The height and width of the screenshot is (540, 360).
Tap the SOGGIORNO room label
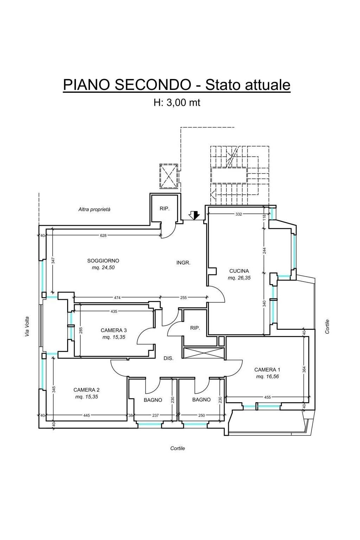103,261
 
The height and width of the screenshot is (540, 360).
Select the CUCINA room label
239,271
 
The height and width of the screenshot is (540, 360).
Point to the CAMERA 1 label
267,370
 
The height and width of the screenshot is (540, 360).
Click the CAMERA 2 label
86,390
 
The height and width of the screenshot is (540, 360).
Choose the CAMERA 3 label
114,330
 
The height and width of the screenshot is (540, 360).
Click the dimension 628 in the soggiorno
103,236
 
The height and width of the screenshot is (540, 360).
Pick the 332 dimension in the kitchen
239,214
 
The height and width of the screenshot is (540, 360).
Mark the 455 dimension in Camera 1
268,398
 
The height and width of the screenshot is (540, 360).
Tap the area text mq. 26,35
239,278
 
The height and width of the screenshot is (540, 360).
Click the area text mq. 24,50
103,268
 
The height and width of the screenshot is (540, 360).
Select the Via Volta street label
27,327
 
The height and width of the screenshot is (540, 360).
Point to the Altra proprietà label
94,210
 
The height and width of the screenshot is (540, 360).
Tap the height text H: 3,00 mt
177,103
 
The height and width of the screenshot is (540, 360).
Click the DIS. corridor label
168,359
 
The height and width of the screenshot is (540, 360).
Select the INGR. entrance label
184,263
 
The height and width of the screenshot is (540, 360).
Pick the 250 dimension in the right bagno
201,416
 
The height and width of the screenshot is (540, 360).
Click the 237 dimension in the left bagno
155,416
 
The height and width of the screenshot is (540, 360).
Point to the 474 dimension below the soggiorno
117,298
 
